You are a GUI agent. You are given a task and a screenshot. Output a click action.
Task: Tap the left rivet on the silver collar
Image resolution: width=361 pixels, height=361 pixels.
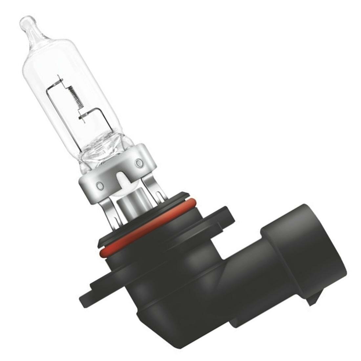tap(97, 186)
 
